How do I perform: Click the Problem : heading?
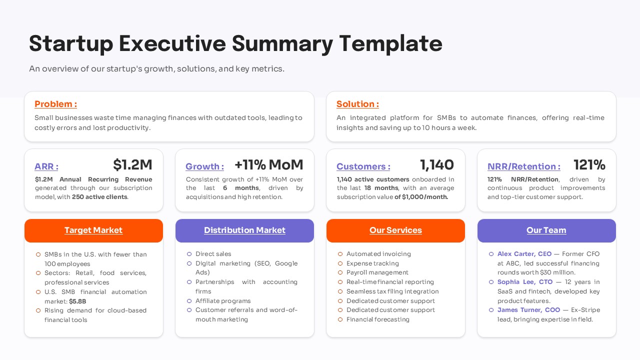[x=55, y=104]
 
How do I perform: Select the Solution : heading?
[x=357, y=104]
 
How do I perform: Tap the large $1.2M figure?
[x=132, y=165]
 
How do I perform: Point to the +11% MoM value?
[x=269, y=164]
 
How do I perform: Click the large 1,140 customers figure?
[x=437, y=165]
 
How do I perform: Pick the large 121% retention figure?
[x=589, y=164]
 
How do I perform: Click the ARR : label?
[x=46, y=166]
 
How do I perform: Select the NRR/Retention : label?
[x=524, y=166]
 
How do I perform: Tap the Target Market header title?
[x=93, y=230]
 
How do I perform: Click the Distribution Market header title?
[x=244, y=230]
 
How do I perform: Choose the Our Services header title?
[x=395, y=230]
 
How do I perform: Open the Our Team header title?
[x=546, y=230]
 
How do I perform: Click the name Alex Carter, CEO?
[x=524, y=253]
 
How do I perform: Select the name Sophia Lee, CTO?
[x=525, y=281]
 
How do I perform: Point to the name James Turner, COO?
[x=528, y=309]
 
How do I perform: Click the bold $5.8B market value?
[x=77, y=301]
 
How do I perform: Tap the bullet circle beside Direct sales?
[x=189, y=254]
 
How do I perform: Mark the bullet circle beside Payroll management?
[x=340, y=272]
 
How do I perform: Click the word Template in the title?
[x=391, y=43]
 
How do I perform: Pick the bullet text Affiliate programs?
[x=223, y=301]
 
